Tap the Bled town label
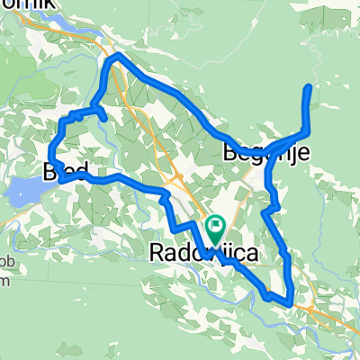pos(61,170)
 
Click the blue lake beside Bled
pos(25,190)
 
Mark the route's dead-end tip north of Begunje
pos(310,86)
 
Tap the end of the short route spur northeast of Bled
pos(105,119)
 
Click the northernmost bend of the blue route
pos(115,57)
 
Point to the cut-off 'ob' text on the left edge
pos(5,269)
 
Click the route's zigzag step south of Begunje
pos(272,209)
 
